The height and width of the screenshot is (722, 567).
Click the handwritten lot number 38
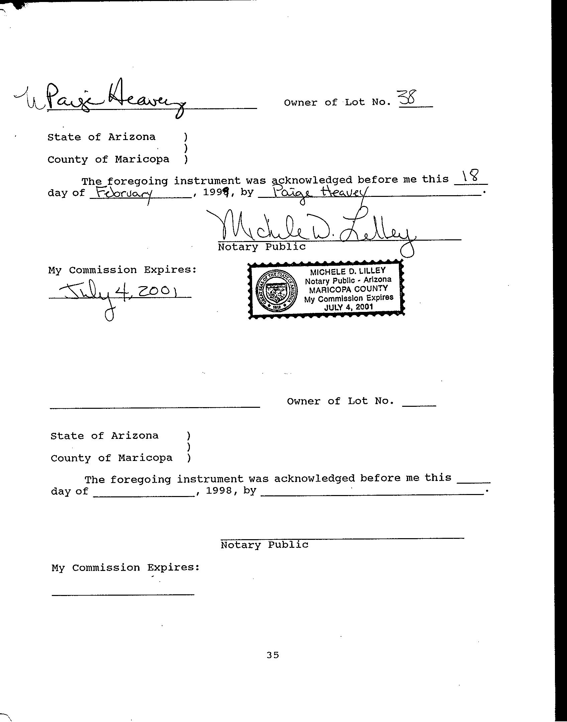408,99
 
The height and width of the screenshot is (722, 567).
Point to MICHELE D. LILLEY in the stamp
348,271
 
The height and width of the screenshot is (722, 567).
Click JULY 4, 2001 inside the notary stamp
348,307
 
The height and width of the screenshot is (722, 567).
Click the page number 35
273,655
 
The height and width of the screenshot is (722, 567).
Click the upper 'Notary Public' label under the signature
262,247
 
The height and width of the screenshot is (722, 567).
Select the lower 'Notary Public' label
264,545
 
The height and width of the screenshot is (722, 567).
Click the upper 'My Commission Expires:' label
122,270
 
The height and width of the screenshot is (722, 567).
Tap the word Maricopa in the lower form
145,458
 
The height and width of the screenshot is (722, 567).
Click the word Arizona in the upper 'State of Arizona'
132,137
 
